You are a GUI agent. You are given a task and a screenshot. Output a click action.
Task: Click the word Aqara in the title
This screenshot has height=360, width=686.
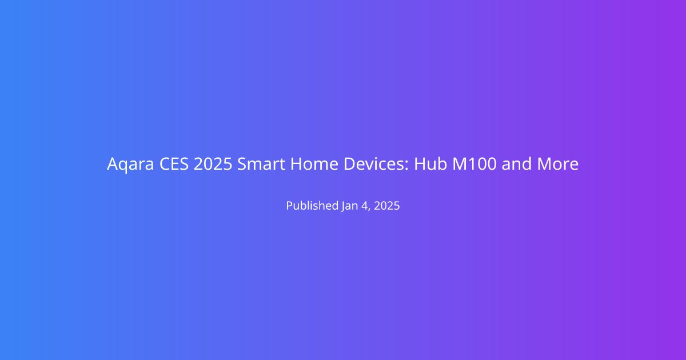[130, 164]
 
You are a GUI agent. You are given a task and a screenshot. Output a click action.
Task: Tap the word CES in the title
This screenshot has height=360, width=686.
[174, 164]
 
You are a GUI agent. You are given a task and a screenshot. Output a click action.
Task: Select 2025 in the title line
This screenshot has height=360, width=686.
[213, 164]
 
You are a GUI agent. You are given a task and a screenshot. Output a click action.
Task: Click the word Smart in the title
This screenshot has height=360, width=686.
[261, 164]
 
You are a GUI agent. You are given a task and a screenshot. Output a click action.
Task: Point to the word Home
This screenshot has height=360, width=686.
[314, 164]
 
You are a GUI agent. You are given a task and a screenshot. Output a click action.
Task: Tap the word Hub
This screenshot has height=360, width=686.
[430, 164]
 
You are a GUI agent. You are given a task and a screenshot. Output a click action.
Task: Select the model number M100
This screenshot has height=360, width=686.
[474, 164]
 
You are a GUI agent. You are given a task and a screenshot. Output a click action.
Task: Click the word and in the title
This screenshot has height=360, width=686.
[517, 164]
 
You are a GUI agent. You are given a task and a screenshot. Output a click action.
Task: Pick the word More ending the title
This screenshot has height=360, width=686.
[558, 164]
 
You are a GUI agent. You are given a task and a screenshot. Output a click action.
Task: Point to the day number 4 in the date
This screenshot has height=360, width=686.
[365, 206]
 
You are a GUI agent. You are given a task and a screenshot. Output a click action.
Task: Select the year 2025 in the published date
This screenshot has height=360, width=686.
[387, 206]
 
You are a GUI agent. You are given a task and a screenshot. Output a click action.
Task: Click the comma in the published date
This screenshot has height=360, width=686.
[369, 210]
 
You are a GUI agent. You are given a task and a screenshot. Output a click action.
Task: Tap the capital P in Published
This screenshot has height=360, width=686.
[289, 205]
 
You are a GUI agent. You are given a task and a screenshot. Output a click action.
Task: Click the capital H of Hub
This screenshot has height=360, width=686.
[420, 164]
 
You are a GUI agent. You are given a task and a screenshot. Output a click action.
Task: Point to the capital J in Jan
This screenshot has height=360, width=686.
[344, 206]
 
